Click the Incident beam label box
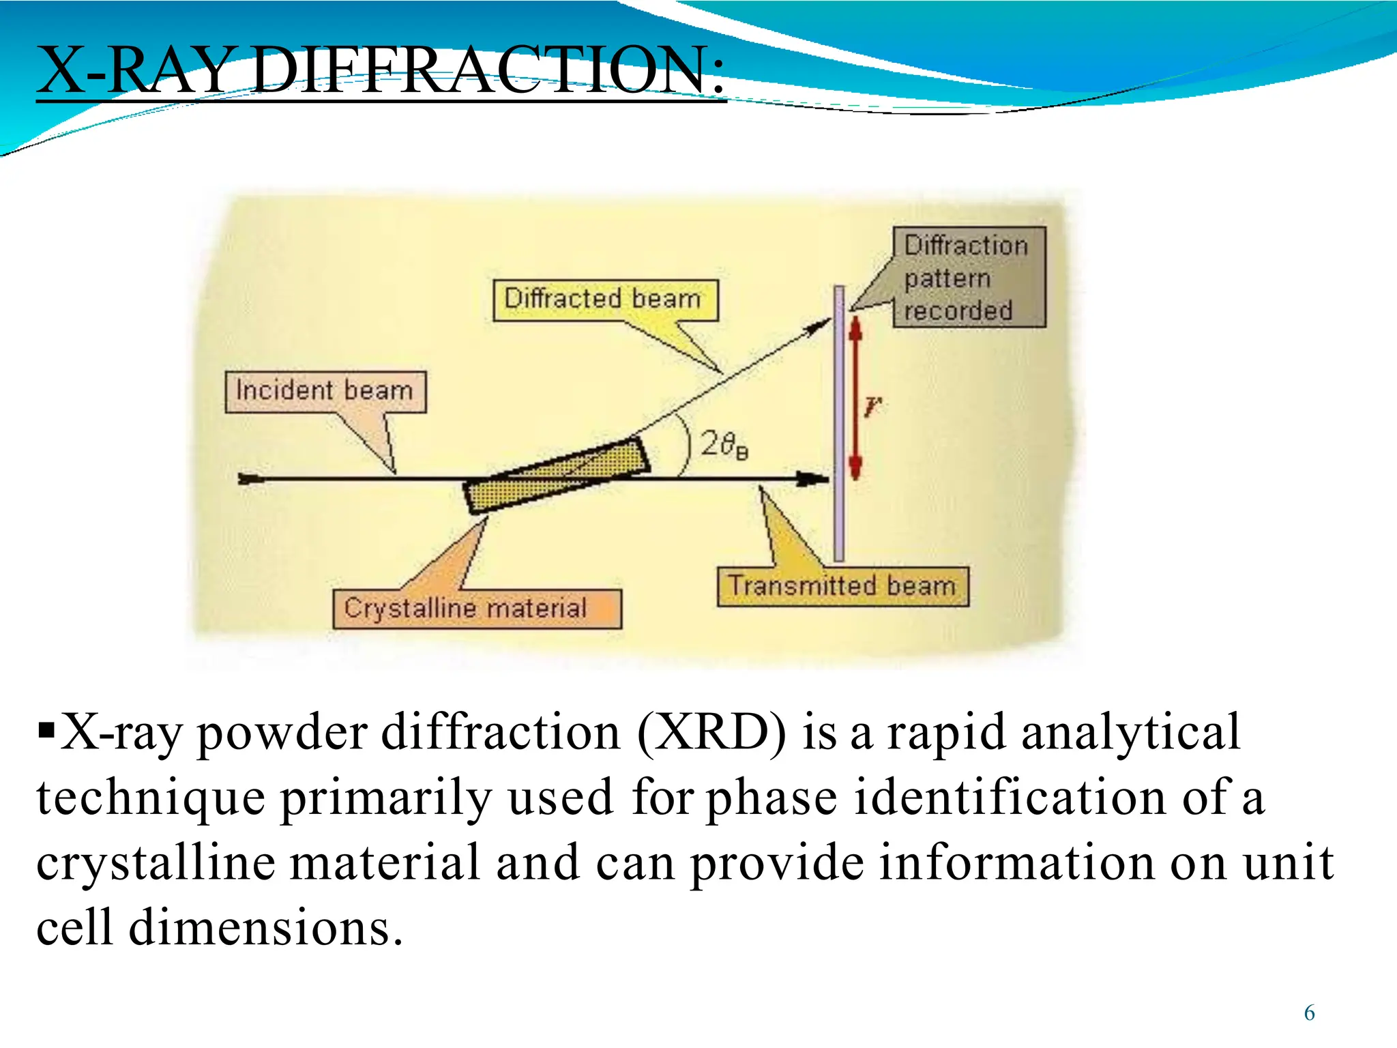[x=325, y=392]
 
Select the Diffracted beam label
[x=604, y=300]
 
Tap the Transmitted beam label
[x=842, y=586]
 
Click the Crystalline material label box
[x=477, y=608]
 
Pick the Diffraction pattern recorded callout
[x=968, y=278]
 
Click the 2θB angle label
[x=724, y=445]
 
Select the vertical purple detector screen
[x=839, y=423]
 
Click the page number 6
[x=1309, y=1013]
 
